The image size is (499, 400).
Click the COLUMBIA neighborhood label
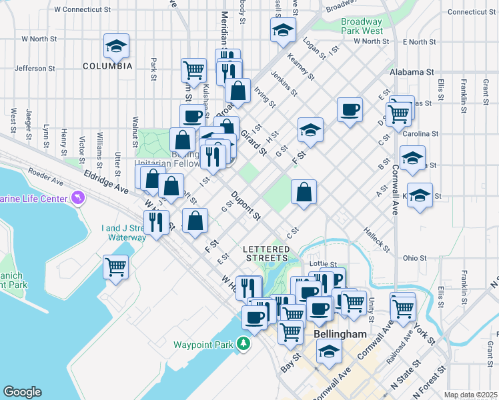[107, 66]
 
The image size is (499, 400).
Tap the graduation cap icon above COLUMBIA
[116, 47]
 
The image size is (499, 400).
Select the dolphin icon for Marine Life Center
[79, 199]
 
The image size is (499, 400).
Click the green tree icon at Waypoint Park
[244, 344]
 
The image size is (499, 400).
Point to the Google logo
[22, 392]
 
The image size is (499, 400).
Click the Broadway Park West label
[362, 26]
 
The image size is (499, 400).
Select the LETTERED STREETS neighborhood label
[265, 253]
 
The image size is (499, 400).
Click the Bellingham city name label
[339, 333]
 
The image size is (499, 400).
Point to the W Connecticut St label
[83, 10]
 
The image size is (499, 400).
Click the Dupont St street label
[245, 206]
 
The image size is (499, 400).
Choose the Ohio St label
[414, 258]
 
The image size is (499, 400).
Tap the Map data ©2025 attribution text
[470, 395]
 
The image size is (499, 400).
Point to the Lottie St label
[324, 265]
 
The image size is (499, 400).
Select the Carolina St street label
[420, 133]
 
